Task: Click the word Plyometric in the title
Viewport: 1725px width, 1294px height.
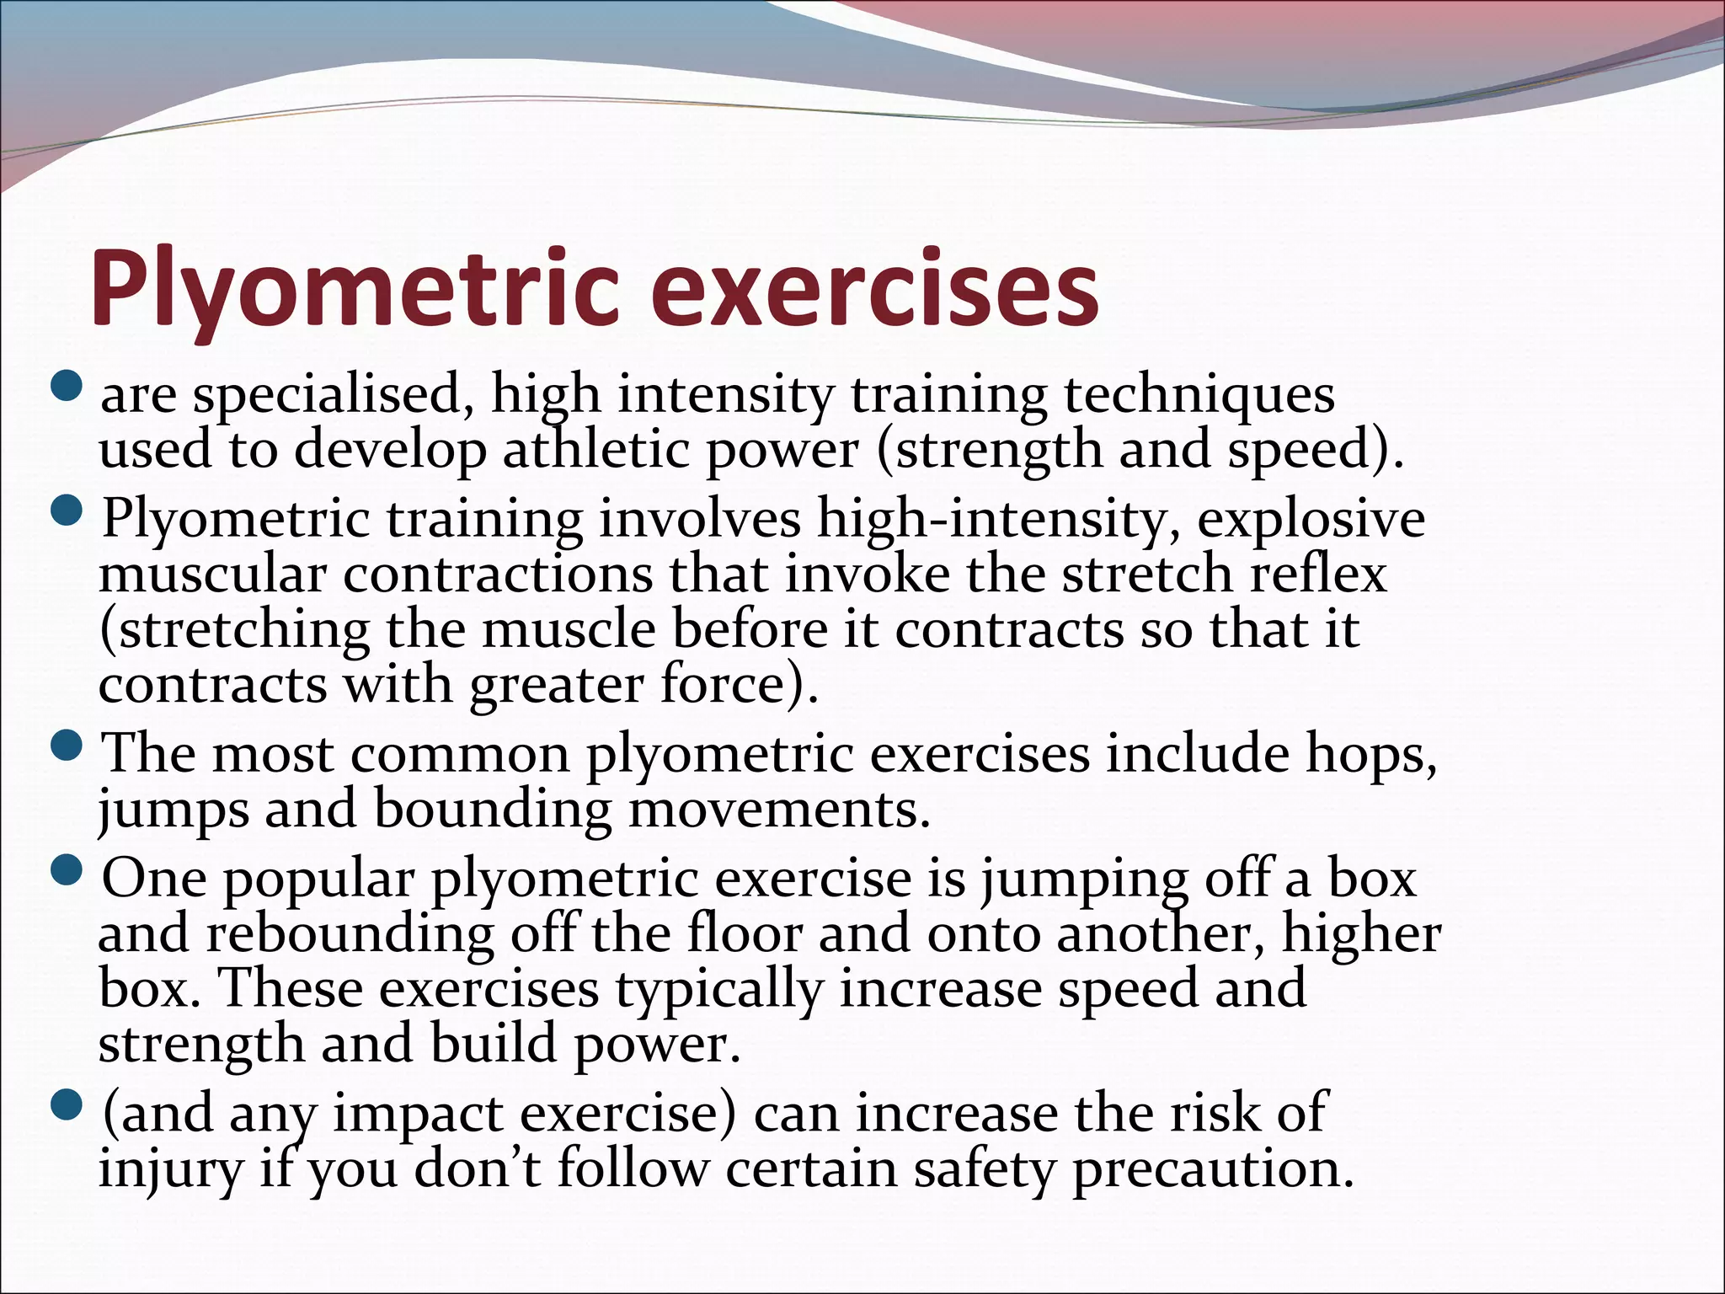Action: click(x=355, y=289)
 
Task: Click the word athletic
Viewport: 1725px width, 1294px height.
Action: click(x=595, y=449)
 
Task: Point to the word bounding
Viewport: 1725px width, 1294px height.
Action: click(x=493, y=810)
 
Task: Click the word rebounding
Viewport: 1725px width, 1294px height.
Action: click(x=350, y=934)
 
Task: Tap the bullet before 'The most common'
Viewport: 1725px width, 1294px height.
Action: click(x=67, y=745)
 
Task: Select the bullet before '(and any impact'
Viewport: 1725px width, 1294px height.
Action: click(x=67, y=1104)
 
